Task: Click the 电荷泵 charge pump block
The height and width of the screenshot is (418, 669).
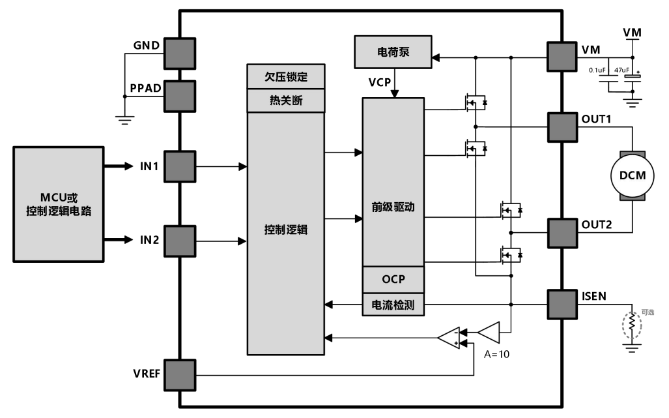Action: coord(393,52)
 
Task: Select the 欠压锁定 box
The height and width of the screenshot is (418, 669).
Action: coord(286,76)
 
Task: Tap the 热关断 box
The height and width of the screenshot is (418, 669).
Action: coord(286,101)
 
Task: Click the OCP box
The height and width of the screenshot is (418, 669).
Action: coord(393,280)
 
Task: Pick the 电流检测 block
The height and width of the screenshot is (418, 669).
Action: coord(393,305)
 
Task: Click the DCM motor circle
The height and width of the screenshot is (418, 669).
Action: coord(632,175)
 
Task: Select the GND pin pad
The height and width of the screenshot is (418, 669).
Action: coord(180,53)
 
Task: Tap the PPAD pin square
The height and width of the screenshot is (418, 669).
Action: coord(180,96)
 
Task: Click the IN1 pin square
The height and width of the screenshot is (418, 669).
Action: coord(180,166)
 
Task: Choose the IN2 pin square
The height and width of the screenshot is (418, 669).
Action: coord(180,241)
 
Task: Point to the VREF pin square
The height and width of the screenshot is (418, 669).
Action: coord(180,376)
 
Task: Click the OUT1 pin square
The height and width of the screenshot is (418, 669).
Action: coord(562,127)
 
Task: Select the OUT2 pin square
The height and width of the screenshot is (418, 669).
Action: coord(562,233)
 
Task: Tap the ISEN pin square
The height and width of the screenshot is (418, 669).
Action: coord(562,305)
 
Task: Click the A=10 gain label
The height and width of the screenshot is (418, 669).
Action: coord(496,354)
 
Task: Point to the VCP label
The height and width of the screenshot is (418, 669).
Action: coord(380,82)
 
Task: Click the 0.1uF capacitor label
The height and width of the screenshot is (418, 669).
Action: coord(597,70)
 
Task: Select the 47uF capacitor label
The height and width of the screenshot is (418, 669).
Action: coord(621,70)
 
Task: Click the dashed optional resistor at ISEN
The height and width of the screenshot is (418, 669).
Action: coord(632,326)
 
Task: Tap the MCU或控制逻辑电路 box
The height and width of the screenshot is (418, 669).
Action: coord(59,204)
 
